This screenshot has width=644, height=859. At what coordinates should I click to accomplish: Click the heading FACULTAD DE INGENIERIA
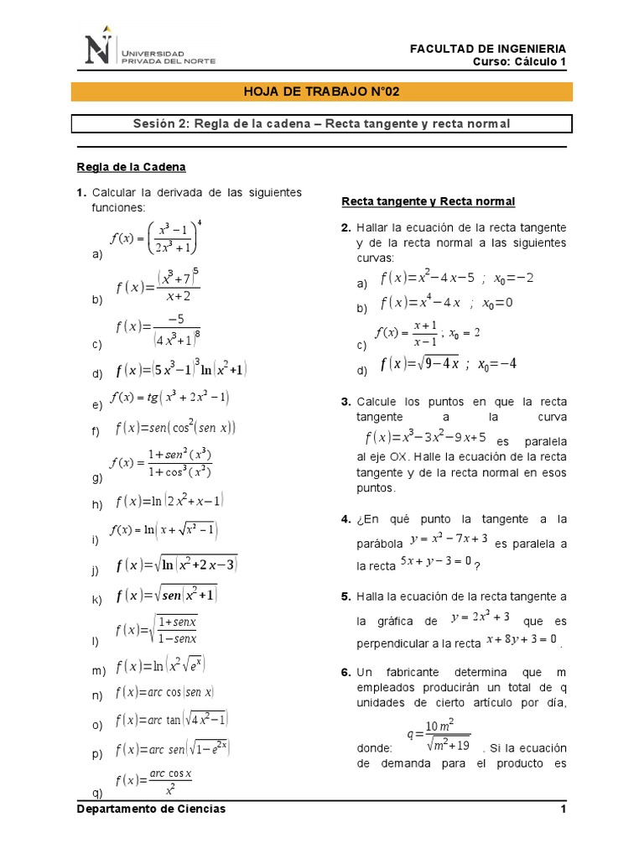pyautogui.click(x=487, y=49)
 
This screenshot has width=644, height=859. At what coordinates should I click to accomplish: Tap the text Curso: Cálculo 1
pyautogui.click(x=520, y=63)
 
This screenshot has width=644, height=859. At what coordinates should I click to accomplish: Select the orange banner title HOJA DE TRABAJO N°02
pyautogui.click(x=321, y=91)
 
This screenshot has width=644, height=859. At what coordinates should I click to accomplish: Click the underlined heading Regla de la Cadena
pyautogui.click(x=131, y=166)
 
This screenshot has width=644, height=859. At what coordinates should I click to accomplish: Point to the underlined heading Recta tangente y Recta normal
pyautogui.click(x=428, y=201)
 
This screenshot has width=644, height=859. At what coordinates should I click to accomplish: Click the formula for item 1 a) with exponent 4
pyautogui.click(x=158, y=236)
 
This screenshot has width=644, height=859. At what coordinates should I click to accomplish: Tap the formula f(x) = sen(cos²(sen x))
pyautogui.click(x=175, y=428)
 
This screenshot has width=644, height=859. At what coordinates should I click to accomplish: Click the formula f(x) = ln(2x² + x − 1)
pyautogui.click(x=170, y=502)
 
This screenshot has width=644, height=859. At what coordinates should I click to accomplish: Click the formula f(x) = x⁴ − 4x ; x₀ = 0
pyautogui.click(x=445, y=303)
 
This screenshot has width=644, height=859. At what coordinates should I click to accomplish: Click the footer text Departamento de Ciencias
pyautogui.click(x=151, y=809)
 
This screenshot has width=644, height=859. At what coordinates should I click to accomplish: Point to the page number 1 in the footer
pyautogui.click(x=563, y=809)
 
